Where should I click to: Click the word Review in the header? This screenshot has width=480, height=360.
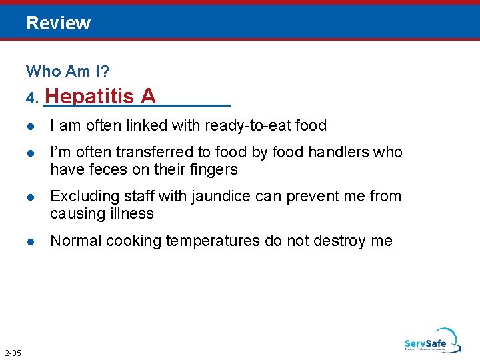[59, 23]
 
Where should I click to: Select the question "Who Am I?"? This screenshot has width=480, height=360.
[68, 71]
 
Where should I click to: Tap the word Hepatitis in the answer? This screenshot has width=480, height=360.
[91, 97]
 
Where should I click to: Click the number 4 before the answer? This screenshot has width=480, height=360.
[31, 99]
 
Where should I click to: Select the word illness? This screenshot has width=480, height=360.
[133, 213]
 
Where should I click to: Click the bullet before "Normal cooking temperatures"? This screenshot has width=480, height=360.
[31, 241]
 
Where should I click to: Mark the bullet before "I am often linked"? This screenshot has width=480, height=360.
[31, 126]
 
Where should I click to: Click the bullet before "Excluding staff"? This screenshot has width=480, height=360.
[31, 197]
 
